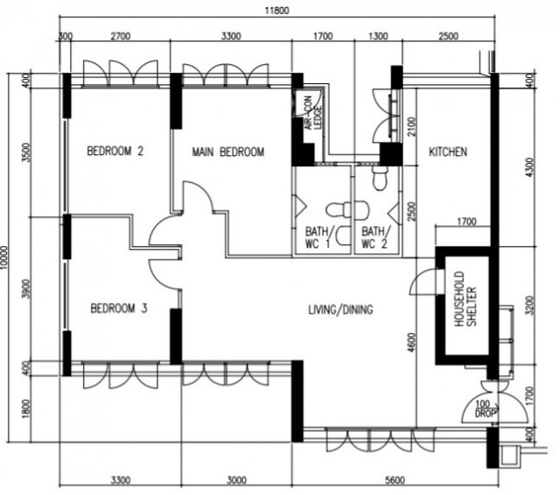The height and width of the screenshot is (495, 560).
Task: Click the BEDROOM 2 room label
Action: coord(115,151)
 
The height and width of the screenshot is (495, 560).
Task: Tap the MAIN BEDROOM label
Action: coord(228,152)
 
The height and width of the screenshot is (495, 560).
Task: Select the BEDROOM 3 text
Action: coord(119,308)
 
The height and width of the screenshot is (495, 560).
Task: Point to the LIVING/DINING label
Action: coord(340,309)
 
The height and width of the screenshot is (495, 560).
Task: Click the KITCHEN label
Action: coord(448,152)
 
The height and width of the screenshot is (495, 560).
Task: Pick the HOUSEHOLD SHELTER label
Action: coord(465,299)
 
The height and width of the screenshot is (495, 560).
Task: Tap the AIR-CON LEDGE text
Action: coord(313,113)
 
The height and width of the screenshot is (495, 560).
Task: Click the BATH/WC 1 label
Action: coord(318,237)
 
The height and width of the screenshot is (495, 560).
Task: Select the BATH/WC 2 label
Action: coord(375,237)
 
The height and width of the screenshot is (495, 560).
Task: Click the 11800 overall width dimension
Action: coord(276,11)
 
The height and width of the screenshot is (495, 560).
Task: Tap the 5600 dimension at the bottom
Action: coord(395,480)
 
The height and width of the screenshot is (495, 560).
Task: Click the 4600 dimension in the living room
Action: coord(412,343)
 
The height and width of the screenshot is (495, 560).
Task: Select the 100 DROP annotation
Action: coord(485,409)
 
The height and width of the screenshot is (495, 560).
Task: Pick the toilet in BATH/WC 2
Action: coord(379,178)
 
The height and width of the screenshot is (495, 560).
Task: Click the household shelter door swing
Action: coord(423,281)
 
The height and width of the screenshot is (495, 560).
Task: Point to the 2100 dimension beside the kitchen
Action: coord(412,126)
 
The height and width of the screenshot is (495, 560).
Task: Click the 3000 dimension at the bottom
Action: coord(236,480)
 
